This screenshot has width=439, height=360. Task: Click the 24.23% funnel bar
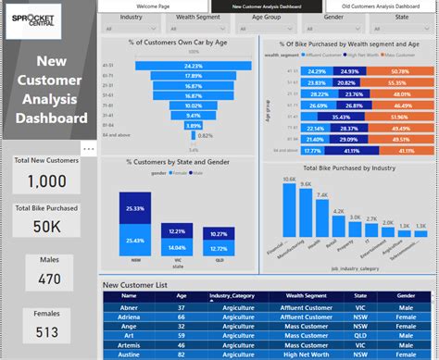pos(193,66)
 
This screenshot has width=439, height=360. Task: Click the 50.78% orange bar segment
pos(401,70)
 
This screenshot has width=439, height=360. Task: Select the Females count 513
pos(46,332)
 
